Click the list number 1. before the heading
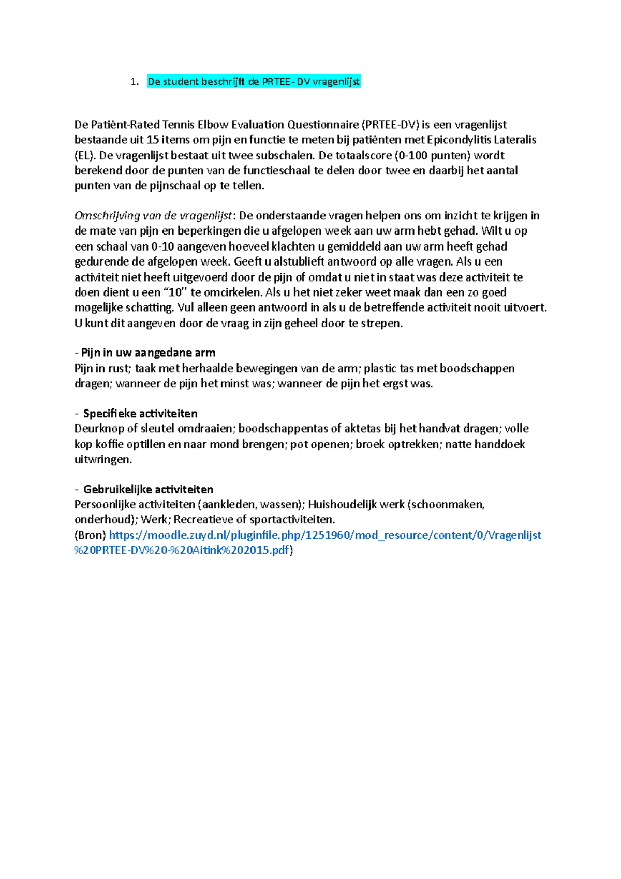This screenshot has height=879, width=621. (135, 82)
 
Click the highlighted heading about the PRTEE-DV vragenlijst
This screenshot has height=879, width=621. (254, 82)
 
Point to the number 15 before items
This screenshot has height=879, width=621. (153, 140)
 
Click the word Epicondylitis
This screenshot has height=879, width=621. (459, 140)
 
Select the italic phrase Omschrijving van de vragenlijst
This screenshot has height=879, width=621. (153, 216)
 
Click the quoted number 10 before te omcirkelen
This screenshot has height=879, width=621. (175, 292)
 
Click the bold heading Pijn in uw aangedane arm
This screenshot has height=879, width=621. (148, 353)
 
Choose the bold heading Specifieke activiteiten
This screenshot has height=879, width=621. (140, 414)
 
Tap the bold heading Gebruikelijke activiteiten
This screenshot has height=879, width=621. (148, 490)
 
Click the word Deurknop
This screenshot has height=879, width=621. (99, 429)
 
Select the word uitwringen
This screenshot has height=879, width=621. (102, 460)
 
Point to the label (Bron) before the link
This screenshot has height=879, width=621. (90, 535)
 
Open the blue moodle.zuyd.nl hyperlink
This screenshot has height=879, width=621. (325, 535)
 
